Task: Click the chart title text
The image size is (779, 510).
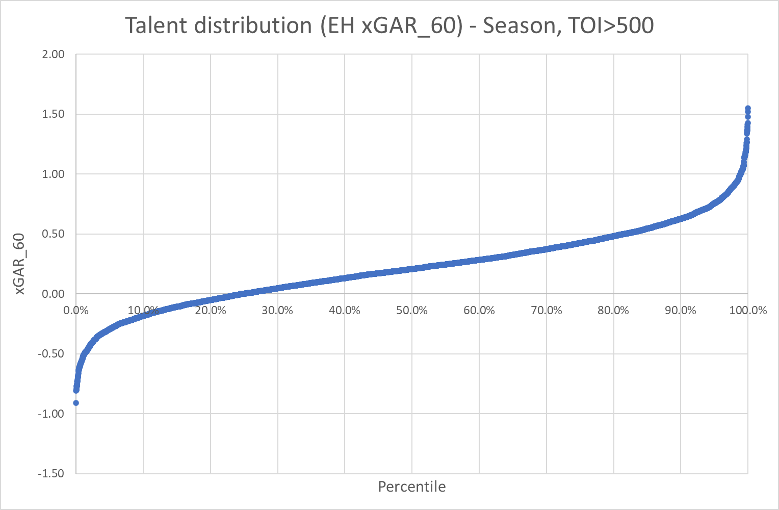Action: (389, 25)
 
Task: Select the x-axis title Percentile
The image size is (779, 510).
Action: (411, 487)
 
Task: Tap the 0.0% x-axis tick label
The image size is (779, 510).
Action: (75, 310)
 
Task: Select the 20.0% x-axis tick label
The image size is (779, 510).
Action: (210, 310)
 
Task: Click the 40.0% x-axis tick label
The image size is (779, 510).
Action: (345, 310)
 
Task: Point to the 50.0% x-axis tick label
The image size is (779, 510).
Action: (412, 310)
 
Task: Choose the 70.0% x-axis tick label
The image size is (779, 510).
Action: (547, 310)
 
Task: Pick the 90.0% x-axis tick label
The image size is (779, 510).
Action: (681, 310)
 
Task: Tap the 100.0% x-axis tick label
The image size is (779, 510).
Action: (748, 310)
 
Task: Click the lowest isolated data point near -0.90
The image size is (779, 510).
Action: (76, 403)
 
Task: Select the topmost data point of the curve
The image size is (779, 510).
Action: (748, 108)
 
